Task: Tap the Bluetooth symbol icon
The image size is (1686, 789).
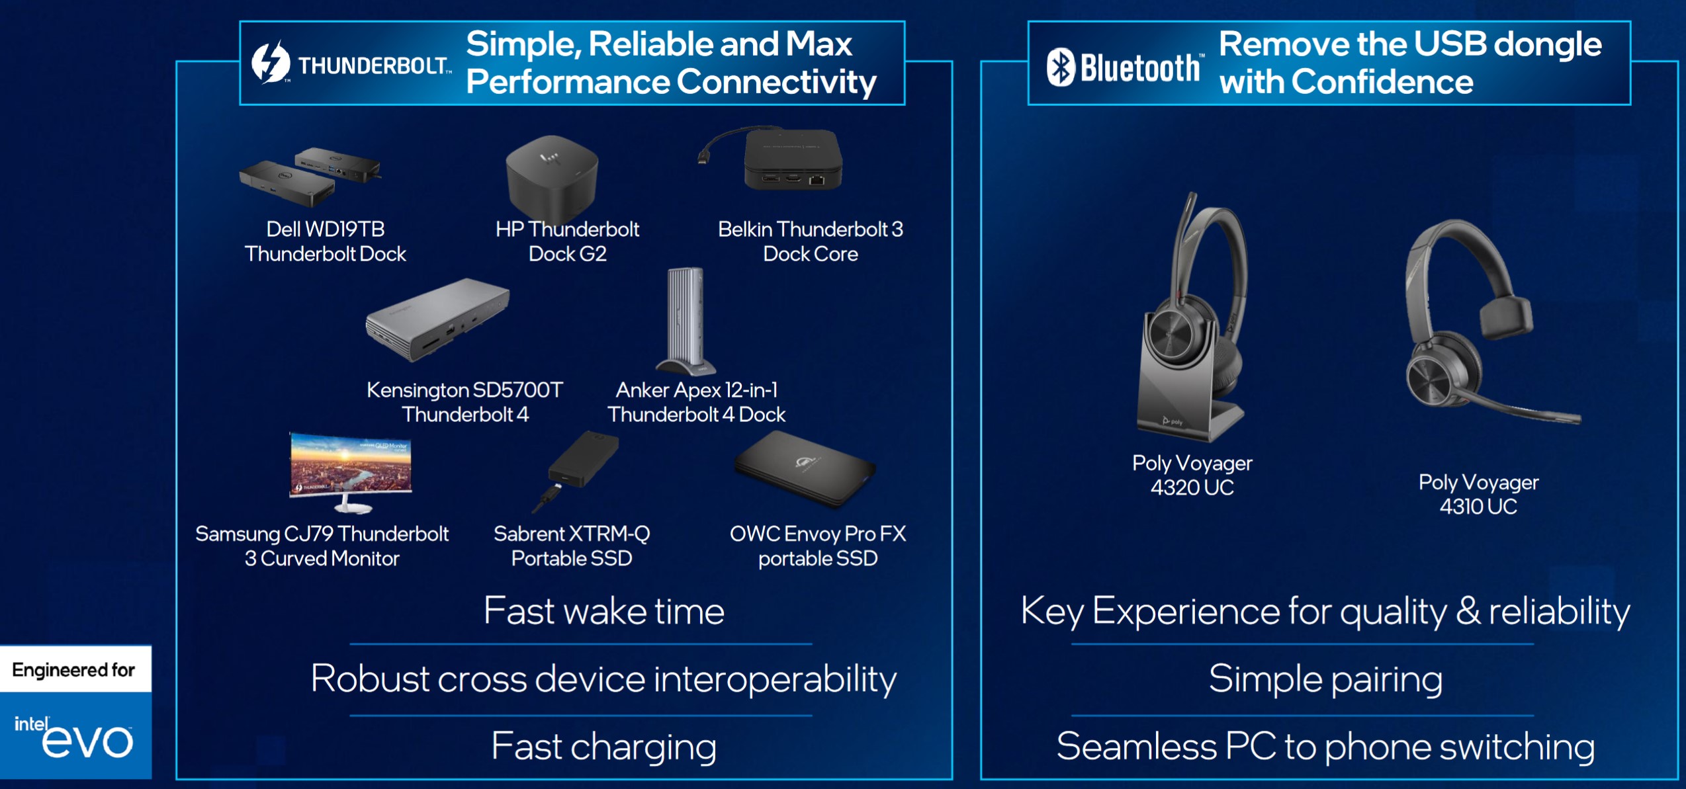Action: pyautogui.click(x=1061, y=67)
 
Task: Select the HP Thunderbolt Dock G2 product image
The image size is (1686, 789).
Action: pyautogui.click(x=552, y=180)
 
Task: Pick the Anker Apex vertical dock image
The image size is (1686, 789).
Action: pyautogui.click(x=686, y=321)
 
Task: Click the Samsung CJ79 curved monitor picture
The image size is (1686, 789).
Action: pyautogui.click(x=351, y=472)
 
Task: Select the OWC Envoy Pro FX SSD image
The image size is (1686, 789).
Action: pyautogui.click(x=805, y=469)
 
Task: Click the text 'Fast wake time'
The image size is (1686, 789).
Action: pyautogui.click(x=604, y=610)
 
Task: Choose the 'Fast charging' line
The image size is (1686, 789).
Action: pyautogui.click(x=604, y=747)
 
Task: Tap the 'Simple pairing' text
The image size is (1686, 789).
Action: pyautogui.click(x=1325, y=679)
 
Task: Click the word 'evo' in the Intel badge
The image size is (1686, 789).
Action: pyautogui.click(x=87, y=741)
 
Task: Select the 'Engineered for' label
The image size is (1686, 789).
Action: pyautogui.click(x=73, y=670)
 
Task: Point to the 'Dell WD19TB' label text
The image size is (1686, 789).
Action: pyautogui.click(x=326, y=229)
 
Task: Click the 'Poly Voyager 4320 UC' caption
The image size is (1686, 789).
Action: pyautogui.click(x=1192, y=475)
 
